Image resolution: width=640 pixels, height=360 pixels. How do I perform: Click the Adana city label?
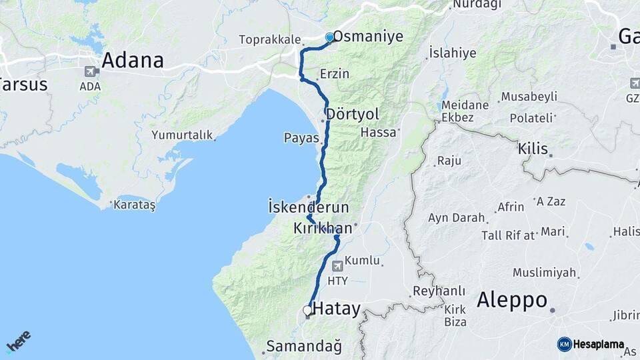tap(132, 61)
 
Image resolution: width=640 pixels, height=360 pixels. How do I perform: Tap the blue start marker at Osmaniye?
tap(329, 37)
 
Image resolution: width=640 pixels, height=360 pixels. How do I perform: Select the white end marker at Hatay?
tap(307, 310)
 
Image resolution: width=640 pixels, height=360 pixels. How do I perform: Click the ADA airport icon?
tap(90, 71)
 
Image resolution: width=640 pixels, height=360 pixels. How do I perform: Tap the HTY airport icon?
tap(338, 265)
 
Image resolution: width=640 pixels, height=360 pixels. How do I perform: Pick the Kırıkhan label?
tap(322, 229)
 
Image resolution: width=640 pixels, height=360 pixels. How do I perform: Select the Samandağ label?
tap(304, 347)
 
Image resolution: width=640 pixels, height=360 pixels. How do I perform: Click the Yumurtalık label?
tap(182, 135)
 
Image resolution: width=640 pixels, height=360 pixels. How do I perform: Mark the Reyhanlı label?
tap(439, 291)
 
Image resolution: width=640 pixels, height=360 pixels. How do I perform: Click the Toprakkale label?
tap(270, 40)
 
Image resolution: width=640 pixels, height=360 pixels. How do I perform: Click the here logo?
tap(19, 341)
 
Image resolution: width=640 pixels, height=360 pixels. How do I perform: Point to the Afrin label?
tap(511, 207)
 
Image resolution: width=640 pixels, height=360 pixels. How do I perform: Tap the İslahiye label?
tap(452, 53)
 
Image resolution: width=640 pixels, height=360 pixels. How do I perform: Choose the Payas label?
tap(301, 139)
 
